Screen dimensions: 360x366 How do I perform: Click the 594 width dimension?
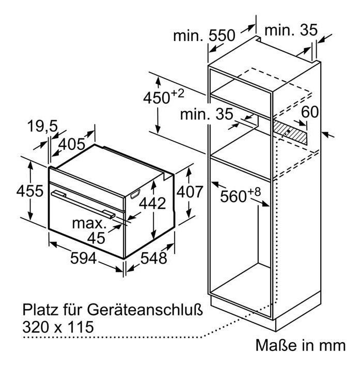(x=83, y=258)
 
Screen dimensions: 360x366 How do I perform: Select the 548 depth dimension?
(x=153, y=258)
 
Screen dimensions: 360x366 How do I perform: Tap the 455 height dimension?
(x=30, y=191)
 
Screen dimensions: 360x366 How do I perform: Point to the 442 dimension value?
(x=152, y=203)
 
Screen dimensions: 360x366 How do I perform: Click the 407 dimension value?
(x=190, y=192)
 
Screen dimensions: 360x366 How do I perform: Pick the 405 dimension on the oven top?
(x=72, y=144)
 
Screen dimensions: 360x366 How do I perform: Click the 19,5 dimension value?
(x=42, y=127)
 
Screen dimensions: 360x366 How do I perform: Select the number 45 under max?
(x=96, y=238)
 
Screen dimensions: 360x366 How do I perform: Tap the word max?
(x=89, y=224)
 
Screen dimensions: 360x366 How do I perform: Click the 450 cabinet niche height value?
(x=156, y=98)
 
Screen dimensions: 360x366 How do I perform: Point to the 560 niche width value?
(x=233, y=196)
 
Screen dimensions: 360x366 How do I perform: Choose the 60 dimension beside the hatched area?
(x=309, y=112)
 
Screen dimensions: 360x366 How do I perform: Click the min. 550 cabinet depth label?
(x=204, y=36)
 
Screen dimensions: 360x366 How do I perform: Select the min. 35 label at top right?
(x=291, y=30)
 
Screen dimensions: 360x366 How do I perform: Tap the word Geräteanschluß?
(x=145, y=310)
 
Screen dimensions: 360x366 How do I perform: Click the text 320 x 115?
(x=58, y=327)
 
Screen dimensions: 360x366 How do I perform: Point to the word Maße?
(x=274, y=345)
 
